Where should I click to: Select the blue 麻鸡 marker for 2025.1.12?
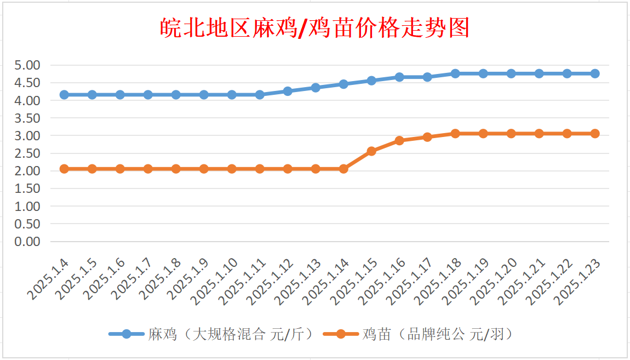point(288,91)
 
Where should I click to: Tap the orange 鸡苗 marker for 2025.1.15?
point(371,151)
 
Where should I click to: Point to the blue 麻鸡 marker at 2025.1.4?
point(64,95)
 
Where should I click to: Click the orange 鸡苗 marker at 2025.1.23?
point(595,134)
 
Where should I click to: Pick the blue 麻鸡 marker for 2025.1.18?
point(455,73)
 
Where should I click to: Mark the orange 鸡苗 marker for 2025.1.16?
point(399,140)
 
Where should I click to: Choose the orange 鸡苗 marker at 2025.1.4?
point(64,169)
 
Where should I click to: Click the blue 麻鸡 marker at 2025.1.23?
point(595,73)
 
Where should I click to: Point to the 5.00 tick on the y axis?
point(27,65)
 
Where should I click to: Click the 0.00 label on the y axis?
point(27,241)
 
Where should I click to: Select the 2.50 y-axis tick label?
point(27,153)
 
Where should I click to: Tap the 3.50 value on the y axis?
point(27,118)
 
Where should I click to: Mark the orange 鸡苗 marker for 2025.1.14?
point(343,169)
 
